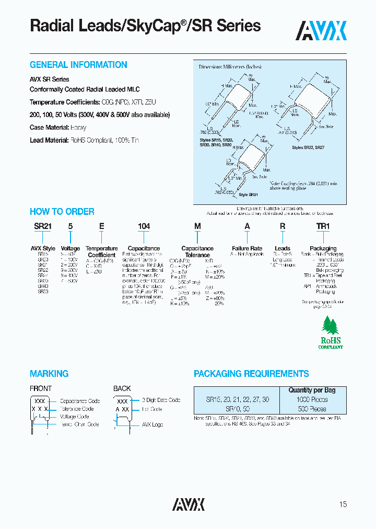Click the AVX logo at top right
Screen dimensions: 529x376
point(321,31)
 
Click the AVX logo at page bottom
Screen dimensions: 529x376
point(189,504)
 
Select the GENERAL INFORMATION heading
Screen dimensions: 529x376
point(78,65)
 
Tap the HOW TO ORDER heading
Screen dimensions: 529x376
point(62,212)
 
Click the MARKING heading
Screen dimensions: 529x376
point(49,374)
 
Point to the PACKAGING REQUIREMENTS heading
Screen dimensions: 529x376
point(251,374)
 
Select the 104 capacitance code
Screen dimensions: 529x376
point(144,226)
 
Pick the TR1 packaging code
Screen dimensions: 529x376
point(323,226)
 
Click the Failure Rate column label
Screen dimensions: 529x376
point(247,248)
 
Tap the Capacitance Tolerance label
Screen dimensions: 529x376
point(197,251)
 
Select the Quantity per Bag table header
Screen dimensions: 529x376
point(312,390)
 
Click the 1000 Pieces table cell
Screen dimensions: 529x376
point(312,399)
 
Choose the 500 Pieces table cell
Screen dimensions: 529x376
point(312,409)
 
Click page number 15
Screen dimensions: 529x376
point(343,504)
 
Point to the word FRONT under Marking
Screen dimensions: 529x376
point(41,388)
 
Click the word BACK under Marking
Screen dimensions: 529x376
point(122,388)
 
